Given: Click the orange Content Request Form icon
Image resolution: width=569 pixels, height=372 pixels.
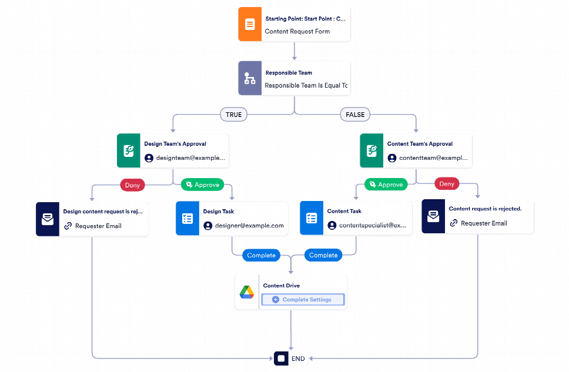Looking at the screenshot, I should pyautogui.click(x=250, y=25).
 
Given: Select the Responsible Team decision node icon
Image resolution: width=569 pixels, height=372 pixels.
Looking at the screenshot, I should pyautogui.click(x=250, y=79).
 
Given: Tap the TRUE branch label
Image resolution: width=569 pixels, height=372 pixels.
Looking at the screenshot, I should pyautogui.click(x=233, y=115).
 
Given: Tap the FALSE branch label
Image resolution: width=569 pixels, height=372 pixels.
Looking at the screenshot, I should pyautogui.click(x=355, y=115).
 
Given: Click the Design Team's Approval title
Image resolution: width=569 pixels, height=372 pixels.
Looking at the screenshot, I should pyautogui.click(x=175, y=143).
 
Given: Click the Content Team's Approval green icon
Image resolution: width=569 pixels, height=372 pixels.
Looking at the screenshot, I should pyautogui.click(x=371, y=150).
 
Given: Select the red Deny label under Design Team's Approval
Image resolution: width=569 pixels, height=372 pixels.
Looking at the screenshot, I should pyautogui.click(x=132, y=185).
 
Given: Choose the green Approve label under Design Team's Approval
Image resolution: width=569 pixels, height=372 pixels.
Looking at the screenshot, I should pyautogui.click(x=202, y=185).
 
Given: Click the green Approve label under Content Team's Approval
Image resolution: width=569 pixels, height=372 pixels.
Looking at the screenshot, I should pyautogui.click(x=386, y=185).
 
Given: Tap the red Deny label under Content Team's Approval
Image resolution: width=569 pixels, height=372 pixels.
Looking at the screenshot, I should pyautogui.click(x=447, y=184).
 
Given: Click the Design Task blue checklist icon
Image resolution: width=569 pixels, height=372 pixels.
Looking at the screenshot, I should pyautogui.click(x=188, y=219).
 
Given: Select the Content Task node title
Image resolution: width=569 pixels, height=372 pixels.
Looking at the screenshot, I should pyautogui.click(x=344, y=211).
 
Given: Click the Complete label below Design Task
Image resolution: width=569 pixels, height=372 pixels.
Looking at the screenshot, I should pyautogui.click(x=261, y=255).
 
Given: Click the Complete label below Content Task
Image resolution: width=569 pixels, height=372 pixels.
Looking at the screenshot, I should pyautogui.click(x=323, y=255).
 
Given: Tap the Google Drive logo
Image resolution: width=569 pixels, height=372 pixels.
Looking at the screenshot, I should pyautogui.click(x=246, y=292).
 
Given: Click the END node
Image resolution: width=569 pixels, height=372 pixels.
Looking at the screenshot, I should pyautogui.click(x=292, y=358).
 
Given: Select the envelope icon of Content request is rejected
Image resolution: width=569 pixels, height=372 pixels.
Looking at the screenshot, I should pyautogui.click(x=433, y=217).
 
